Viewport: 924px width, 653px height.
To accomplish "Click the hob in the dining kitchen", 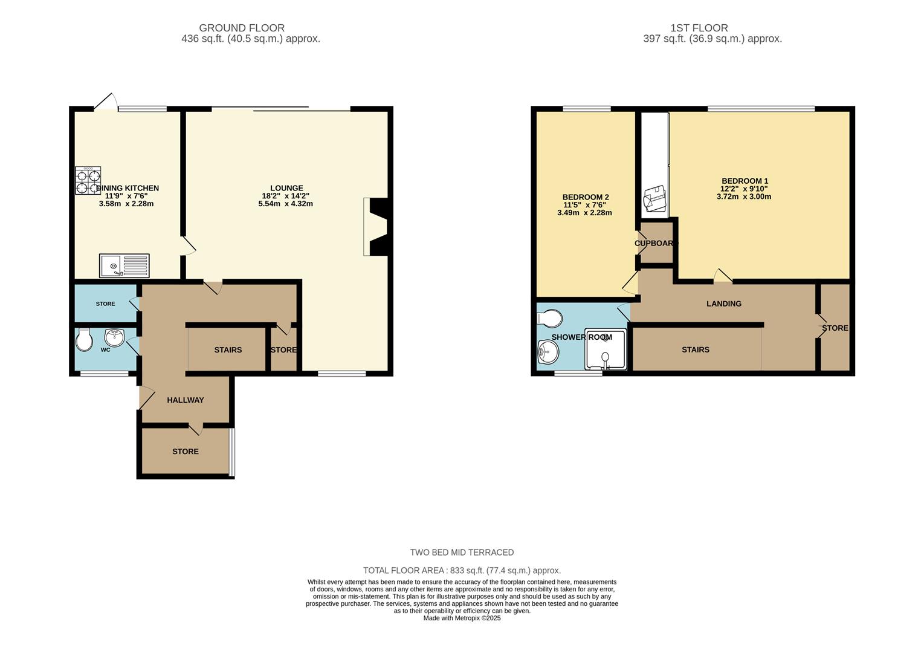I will [88, 181].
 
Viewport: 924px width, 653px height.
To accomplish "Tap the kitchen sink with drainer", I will [124, 265].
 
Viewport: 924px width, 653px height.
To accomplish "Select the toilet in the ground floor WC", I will [84, 340].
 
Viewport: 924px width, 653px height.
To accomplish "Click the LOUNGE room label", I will [286, 188].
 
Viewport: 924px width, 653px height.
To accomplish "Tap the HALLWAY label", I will [186, 400].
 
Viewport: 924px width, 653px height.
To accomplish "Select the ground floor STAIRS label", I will [228, 350].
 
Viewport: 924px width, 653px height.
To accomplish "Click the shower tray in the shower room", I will [605, 350].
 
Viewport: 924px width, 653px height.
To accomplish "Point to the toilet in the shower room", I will [549, 317].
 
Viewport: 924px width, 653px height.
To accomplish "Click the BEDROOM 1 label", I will [745, 181].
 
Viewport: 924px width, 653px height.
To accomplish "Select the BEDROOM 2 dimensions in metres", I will [584, 213].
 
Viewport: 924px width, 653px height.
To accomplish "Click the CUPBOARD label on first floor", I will [656, 243].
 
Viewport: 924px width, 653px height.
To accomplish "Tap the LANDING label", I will [723, 304].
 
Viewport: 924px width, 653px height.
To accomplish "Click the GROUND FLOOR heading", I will [242, 28].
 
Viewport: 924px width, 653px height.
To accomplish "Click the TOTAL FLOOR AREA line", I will [462, 570].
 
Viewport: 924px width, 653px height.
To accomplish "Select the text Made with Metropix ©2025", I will [462, 618].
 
